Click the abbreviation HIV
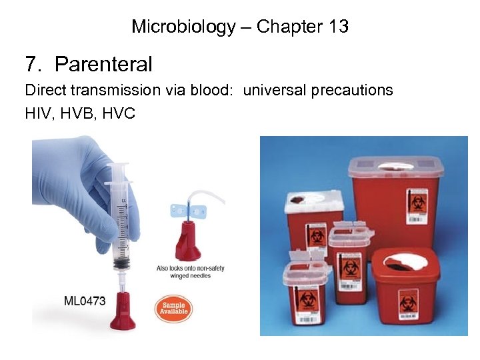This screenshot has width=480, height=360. pyautogui.click(x=37, y=114)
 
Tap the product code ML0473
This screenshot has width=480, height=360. pyautogui.click(x=85, y=301)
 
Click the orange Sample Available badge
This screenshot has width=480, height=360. pyautogui.click(x=173, y=308)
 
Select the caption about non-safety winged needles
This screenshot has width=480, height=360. pyautogui.click(x=191, y=273)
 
